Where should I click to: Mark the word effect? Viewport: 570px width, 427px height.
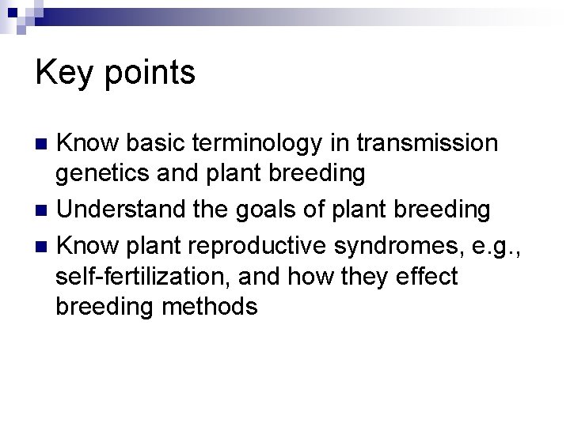click(x=427, y=276)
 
